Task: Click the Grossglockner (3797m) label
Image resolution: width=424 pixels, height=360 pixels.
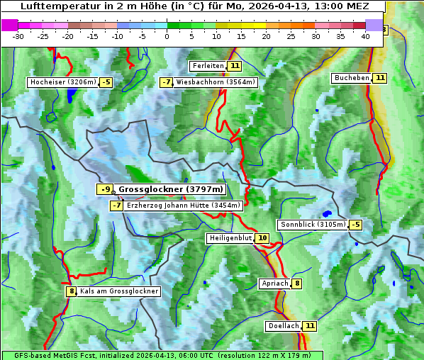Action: pyautogui.click(x=170, y=190)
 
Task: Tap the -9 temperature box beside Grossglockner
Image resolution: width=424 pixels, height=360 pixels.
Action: pyautogui.click(x=104, y=190)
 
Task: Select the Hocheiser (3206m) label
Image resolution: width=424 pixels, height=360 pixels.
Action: pyautogui.click(x=62, y=82)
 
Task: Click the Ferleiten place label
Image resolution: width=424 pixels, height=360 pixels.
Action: pyautogui.click(x=208, y=66)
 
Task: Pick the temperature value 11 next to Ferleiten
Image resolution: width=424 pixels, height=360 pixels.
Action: pyautogui.click(x=235, y=66)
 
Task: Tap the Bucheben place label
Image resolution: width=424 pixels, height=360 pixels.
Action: pyautogui.click(x=352, y=78)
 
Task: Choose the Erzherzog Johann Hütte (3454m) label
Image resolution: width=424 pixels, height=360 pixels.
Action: pyautogui.click(x=184, y=206)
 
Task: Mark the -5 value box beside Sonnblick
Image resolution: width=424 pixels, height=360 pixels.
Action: pyautogui.click(x=355, y=225)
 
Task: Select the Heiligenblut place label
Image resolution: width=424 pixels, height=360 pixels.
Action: pyautogui.click(x=230, y=238)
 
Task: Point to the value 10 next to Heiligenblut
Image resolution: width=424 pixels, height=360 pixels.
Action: pyautogui.click(x=262, y=238)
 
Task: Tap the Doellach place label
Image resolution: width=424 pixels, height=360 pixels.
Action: pyautogui.click(x=283, y=326)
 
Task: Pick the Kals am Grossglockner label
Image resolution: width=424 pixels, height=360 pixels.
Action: pyautogui.click(x=118, y=291)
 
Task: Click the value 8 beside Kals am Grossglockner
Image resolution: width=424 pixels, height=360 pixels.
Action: pyautogui.click(x=71, y=291)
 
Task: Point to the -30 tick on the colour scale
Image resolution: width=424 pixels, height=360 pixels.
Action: pyautogui.click(x=18, y=36)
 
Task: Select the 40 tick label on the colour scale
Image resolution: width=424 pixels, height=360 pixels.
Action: pyautogui.click(x=365, y=36)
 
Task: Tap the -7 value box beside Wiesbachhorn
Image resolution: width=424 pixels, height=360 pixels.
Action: pyautogui.click(x=167, y=82)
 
